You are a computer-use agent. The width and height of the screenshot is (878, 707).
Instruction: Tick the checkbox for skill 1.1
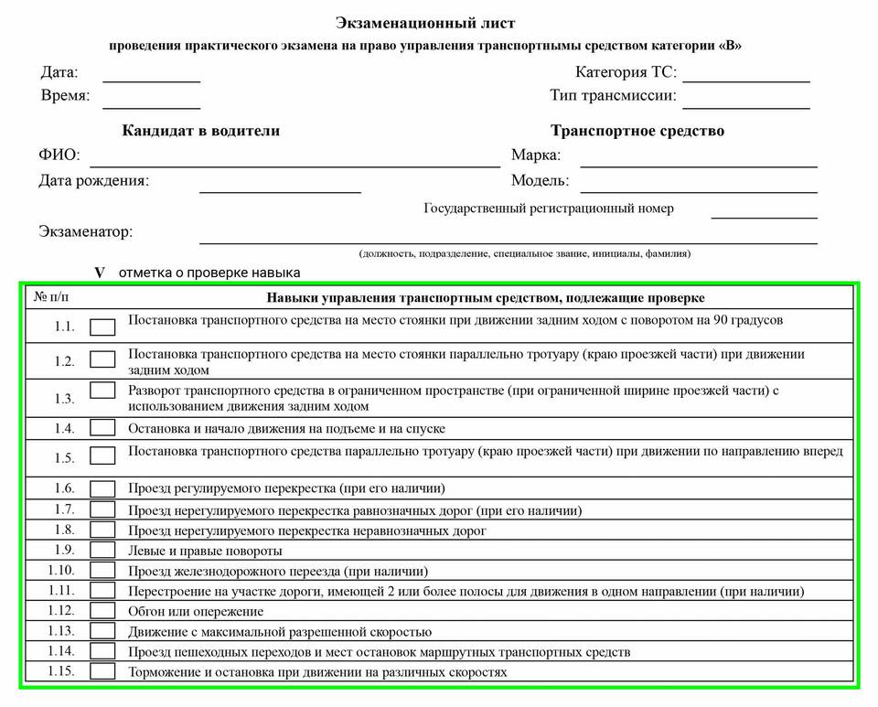tap(103, 327)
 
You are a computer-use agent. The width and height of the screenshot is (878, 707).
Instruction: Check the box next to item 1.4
tap(103, 428)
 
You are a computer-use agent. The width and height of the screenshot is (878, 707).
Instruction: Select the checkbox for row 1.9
tap(103, 551)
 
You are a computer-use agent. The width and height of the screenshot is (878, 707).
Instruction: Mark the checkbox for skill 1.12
tap(103, 611)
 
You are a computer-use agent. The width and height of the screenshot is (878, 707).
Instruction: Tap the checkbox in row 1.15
tap(103, 671)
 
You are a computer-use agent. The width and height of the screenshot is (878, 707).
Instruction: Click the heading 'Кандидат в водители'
tap(201, 131)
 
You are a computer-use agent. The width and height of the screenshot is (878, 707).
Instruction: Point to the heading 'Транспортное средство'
tap(637, 131)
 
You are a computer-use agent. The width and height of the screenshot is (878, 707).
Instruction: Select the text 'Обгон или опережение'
tap(196, 611)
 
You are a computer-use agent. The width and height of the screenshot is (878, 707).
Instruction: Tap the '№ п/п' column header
tap(51, 297)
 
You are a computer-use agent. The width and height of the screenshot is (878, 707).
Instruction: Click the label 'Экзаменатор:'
tap(85, 231)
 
